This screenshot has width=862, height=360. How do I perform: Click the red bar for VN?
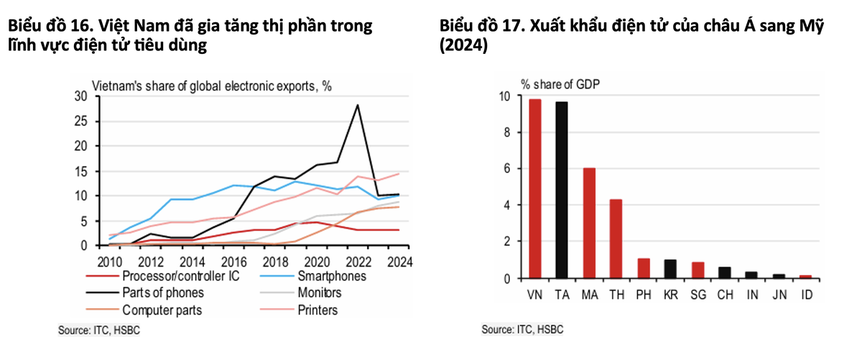point(535,188)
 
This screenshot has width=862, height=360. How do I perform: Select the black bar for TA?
point(562,190)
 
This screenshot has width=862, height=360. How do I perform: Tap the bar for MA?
point(589,223)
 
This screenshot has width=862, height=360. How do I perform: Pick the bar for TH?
point(616,239)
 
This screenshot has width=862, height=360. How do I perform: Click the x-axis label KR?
point(670,294)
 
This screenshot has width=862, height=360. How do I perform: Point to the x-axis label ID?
point(805,294)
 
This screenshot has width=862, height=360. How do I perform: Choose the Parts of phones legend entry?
point(162,292)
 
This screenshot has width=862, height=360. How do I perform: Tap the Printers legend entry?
point(317,310)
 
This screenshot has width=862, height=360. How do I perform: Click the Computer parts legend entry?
point(162,310)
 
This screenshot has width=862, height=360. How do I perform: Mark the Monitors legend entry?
point(319,292)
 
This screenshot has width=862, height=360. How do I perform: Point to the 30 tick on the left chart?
point(80,97)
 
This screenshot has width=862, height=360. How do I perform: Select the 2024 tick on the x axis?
point(399,261)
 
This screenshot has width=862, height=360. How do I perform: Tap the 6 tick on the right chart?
point(505,169)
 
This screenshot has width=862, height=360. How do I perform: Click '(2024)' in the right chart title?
point(464,46)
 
